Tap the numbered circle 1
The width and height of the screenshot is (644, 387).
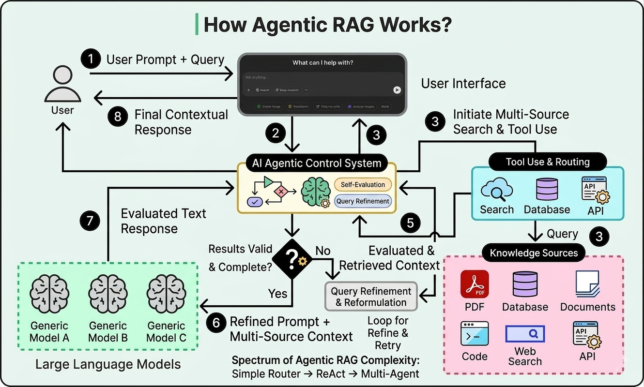click(x=90, y=60)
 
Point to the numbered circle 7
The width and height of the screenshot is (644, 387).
click(x=90, y=221)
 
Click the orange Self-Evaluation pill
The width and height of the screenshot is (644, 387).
click(x=363, y=184)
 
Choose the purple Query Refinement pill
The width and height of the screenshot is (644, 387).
click(x=363, y=201)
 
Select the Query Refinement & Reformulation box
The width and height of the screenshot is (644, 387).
click(x=371, y=297)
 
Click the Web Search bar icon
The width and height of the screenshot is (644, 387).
click(x=525, y=334)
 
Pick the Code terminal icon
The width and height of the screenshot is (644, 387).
click(x=475, y=334)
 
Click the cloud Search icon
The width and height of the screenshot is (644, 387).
click(x=496, y=190)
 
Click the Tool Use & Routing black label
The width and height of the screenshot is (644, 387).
click(x=547, y=162)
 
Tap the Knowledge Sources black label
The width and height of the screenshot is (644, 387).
click(x=534, y=253)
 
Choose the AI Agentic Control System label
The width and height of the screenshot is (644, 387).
click(x=317, y=163)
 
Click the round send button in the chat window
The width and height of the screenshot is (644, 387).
click(x=397, y=89)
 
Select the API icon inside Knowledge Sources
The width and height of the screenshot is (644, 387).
click(x=586, y=334)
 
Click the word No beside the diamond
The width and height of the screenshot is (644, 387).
click(x=323, y=251)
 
